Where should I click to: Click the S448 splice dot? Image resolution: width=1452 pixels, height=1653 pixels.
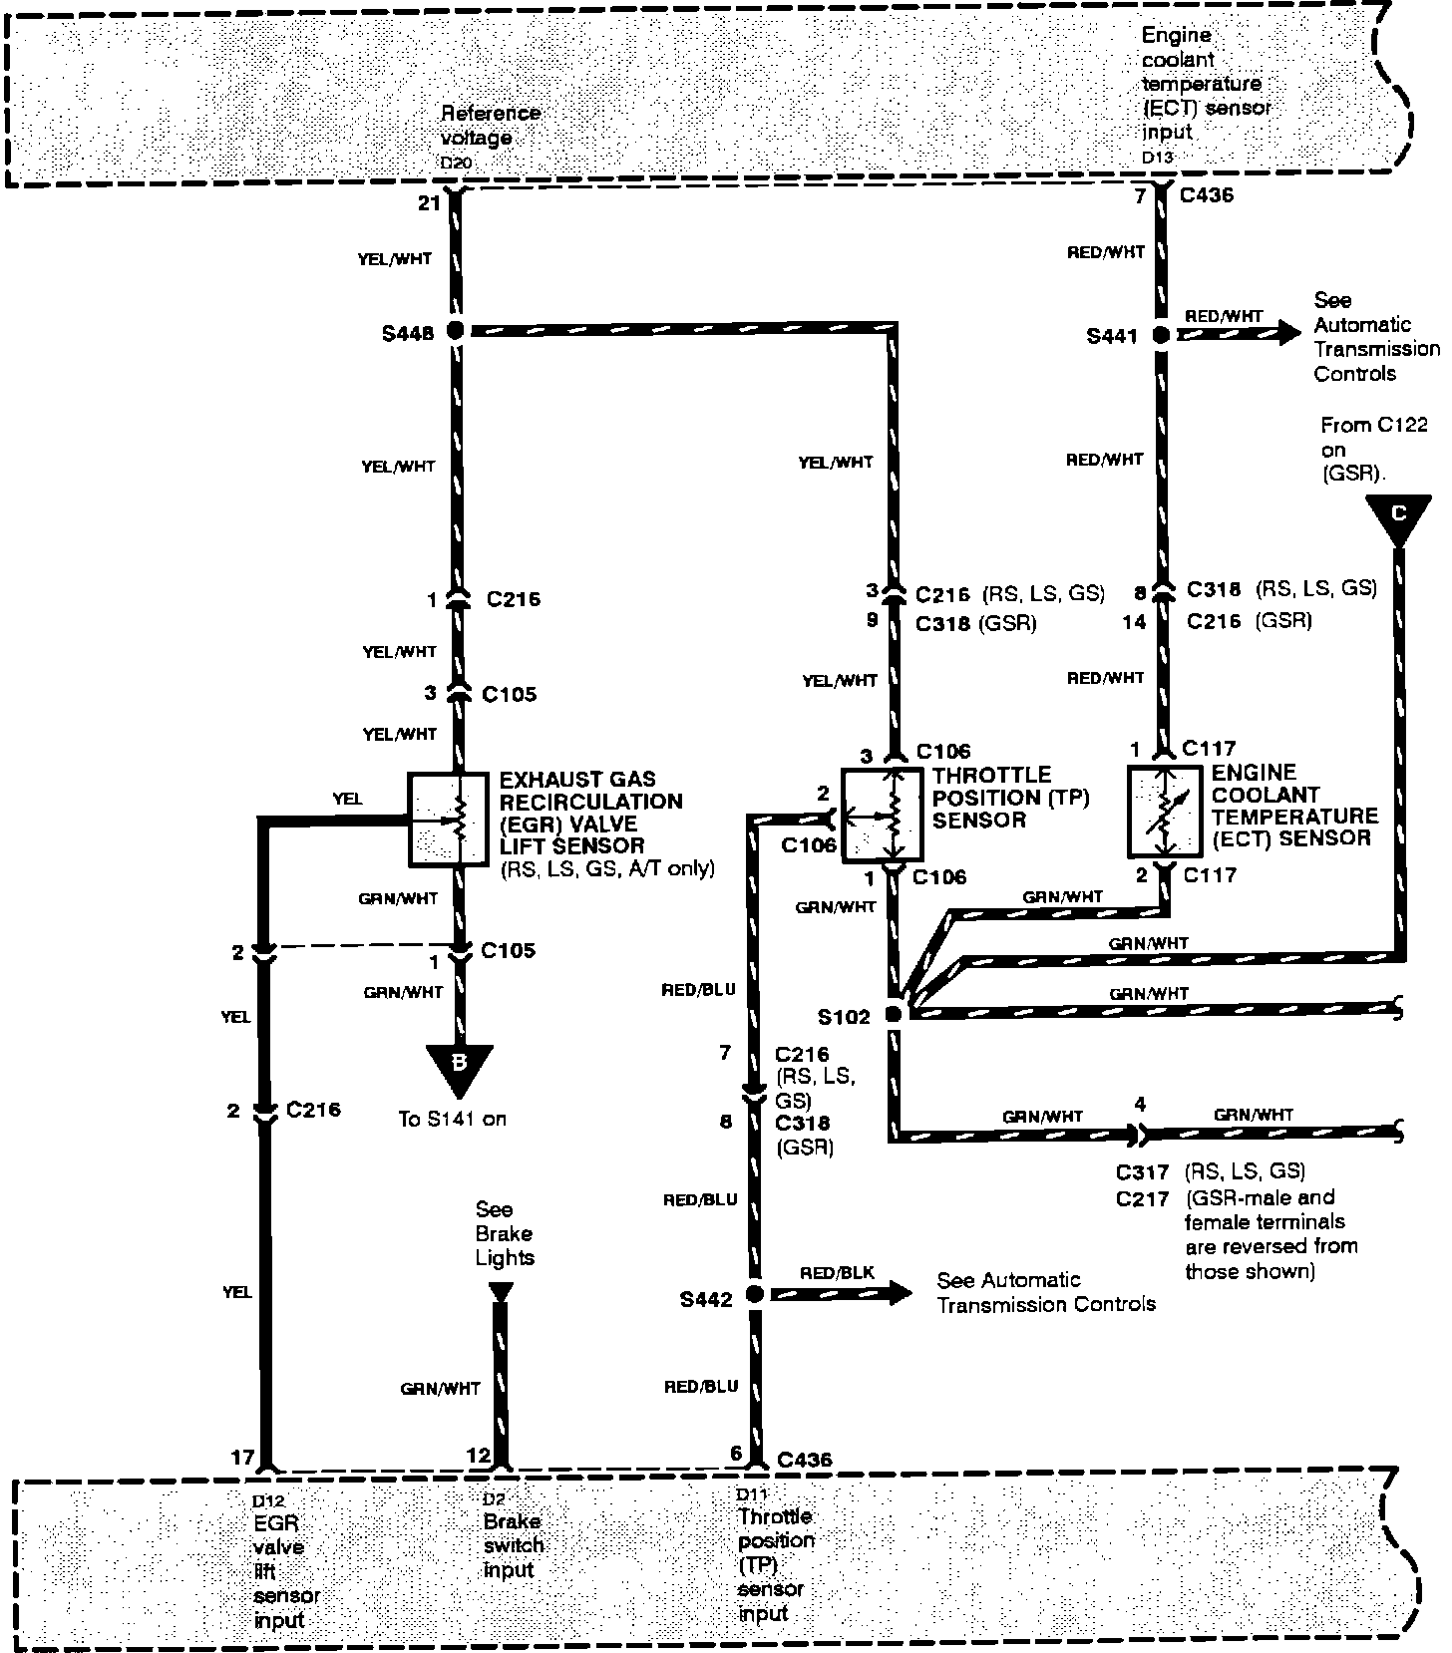tap(456, 331)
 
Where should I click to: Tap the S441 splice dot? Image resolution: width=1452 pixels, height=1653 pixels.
tap(1161, 336)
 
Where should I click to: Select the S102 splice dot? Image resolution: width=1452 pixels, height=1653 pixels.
tap(894, 1015)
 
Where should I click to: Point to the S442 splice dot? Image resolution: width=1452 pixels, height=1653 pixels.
tap(755, 1294)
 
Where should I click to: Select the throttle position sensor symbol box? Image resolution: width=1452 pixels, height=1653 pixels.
tap(882, 815)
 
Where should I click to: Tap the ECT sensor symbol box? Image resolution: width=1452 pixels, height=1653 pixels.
tap(1165, 812)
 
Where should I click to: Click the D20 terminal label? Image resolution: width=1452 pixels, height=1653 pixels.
tap(456, 162)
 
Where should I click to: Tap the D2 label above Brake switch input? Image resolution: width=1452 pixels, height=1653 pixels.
tap(494, 1498)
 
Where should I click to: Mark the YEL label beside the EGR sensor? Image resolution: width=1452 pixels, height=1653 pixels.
tap(348, 800)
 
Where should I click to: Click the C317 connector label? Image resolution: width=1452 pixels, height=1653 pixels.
tap(1142, 1172)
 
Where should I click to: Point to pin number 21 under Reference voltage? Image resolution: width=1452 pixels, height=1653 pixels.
tap(429, 203)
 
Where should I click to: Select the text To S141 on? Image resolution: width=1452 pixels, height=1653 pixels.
tap(453, 1120)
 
